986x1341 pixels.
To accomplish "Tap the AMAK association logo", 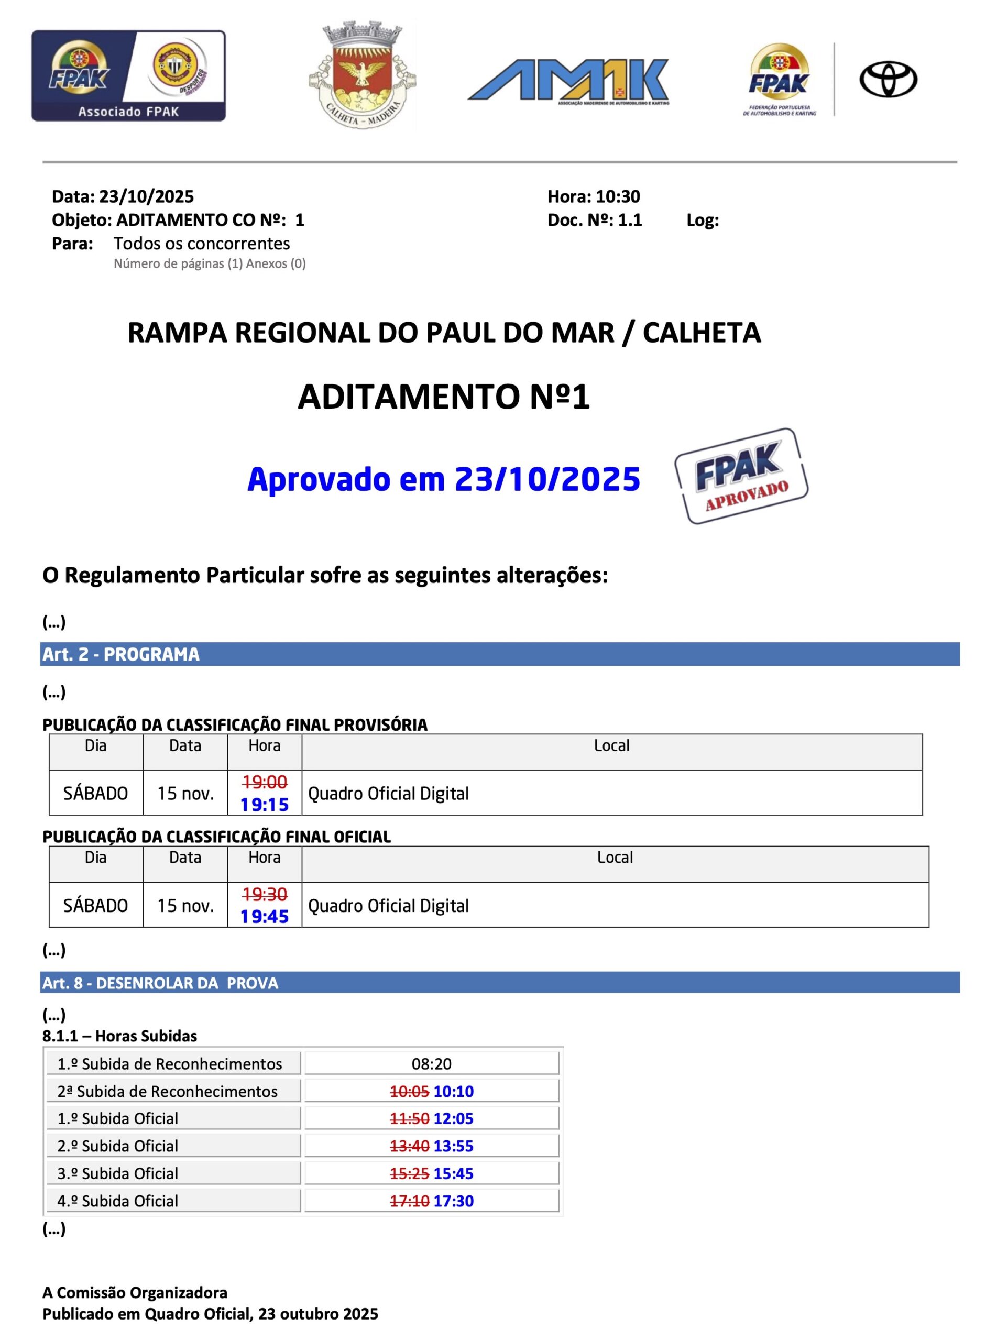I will pos(568,81).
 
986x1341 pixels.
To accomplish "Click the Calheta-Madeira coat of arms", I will pos(363,74).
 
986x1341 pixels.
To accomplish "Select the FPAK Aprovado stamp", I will pos(741,476).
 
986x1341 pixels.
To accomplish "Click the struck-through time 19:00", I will pos(265,781).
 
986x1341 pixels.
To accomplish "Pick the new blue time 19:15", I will pos(265,805).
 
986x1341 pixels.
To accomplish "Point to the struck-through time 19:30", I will pos(265,894).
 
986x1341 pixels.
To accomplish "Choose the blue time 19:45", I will pos(265,916).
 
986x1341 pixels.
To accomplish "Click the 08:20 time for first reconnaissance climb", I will pos(432,1063).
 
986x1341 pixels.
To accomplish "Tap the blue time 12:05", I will pos(453,1118).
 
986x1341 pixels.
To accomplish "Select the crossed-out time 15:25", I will pos(410,1173).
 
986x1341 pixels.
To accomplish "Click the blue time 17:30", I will pos(453,1201).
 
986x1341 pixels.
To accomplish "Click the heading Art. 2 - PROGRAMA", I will pos(121,655).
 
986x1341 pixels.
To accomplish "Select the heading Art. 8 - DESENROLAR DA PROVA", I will pos(160,984).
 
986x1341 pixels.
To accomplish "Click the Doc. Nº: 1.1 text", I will pos(595,220).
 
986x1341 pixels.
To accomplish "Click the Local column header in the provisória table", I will pos(611,745).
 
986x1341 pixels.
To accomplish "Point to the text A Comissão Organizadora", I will pos(135,1293).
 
